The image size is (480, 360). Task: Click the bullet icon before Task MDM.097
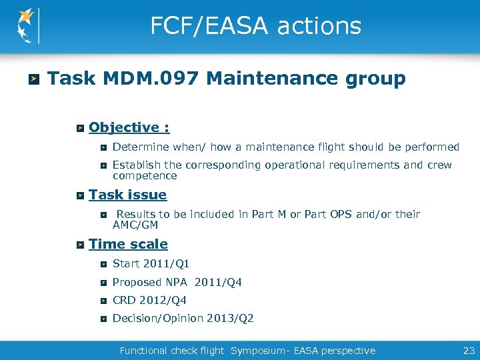(33, 80)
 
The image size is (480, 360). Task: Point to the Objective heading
(129, 127)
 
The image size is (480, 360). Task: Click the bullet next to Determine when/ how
(103, 147)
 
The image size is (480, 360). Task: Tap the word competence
(145, 176)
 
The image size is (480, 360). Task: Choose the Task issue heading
(127, 195)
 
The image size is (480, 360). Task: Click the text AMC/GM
(135, 225)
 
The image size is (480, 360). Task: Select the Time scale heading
(128, 245)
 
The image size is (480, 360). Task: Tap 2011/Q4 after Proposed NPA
(218, 283)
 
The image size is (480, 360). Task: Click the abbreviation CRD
(124, 301)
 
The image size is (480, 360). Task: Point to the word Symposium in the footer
(259, 351)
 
